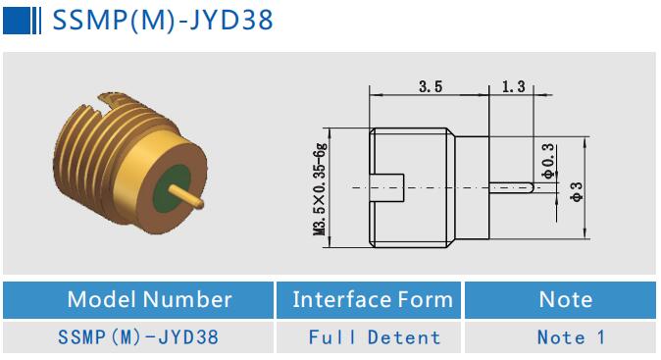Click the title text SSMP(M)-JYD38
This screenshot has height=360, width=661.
[162, 21]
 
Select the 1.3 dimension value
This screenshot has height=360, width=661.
[513, 87]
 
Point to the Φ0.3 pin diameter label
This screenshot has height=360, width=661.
[547, 159]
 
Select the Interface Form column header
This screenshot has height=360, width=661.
[373, 299]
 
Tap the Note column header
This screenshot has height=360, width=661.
[566, 299]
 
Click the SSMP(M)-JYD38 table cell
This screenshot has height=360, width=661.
[136, 337]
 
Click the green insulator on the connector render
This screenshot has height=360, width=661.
[175, 184]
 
